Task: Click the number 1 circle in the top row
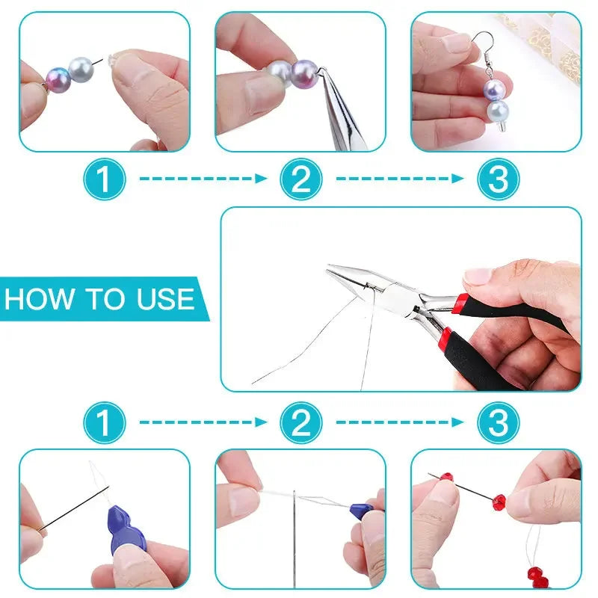(x=104, y=179)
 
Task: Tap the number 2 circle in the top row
(x=300, y=179)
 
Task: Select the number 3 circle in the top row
(x=498, y=179)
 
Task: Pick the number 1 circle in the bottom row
(x=104, y=423)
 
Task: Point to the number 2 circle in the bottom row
(x=300, y=423)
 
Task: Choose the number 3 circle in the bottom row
(x=498, y=423)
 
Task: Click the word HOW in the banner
(x=37, y=299)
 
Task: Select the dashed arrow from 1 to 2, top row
(x=203, y=179)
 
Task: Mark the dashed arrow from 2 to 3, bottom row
(x=399, y=423)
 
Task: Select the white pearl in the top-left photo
(x=81, y=73)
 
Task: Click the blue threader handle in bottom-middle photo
(x=362, y=510)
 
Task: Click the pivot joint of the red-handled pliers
(x=407, y=294)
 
